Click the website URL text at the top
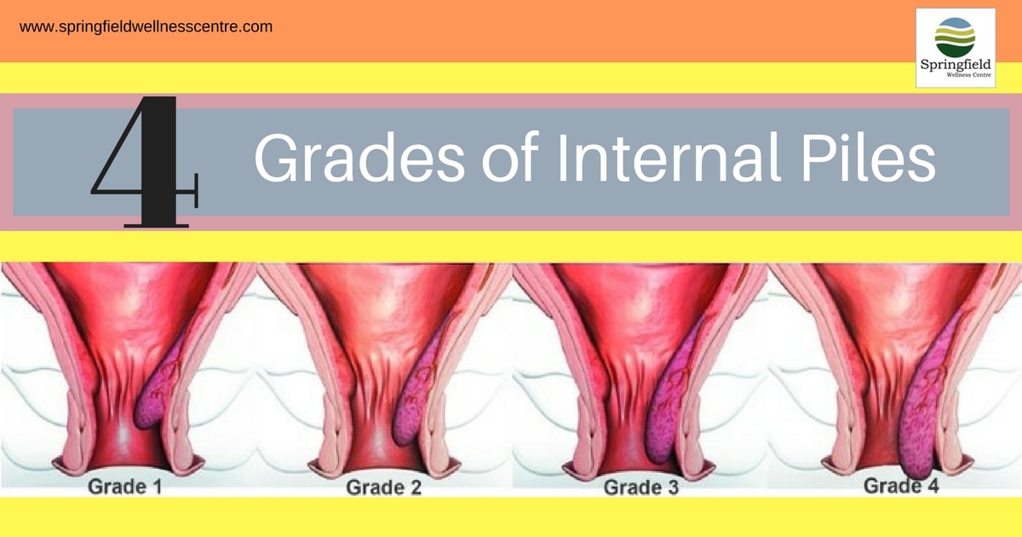coord(146,27)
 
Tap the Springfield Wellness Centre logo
coord(956,48)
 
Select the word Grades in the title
coord(359,158)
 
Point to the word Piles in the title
coord(868,157)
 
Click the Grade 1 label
coord(125,487)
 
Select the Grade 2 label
coord(384,488)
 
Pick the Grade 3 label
coord(641,488)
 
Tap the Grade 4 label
coord(901,485)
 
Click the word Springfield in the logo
coord(956,65)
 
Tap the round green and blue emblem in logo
coord(955,38)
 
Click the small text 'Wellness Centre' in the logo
coord(968,75)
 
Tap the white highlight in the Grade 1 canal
coord(123,434)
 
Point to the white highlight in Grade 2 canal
coord(379,437)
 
